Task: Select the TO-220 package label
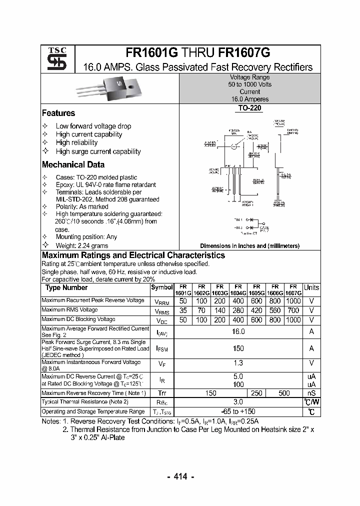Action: [249, 108]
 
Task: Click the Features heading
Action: [58, 113]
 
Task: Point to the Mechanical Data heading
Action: [73, 164]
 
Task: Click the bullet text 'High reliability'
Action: [76, 142]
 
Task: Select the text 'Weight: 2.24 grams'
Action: [82, 245]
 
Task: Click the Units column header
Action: [311, 287]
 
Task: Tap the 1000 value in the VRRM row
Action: [293, 301]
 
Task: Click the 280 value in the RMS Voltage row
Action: [237, 310]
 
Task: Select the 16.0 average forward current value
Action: [238, 331]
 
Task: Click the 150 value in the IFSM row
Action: [238, 348]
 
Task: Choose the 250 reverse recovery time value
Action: [256, 393]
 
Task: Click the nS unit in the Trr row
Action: [311, 393]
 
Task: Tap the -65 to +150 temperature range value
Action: [238, 411]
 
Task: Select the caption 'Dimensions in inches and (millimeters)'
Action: [249, 245]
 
